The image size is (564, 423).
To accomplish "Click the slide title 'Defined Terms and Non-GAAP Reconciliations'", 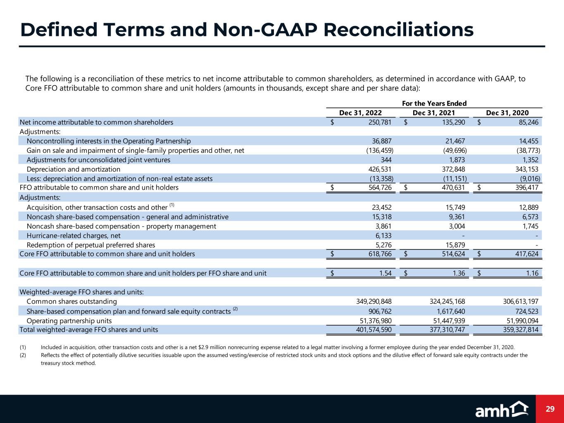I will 247,30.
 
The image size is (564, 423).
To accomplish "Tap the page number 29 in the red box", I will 550,409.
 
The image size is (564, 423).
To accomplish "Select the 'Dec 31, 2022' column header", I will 360,113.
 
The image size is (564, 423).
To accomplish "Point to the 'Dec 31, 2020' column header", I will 507,113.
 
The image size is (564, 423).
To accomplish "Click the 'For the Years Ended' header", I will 434,104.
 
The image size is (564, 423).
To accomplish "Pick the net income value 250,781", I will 379,122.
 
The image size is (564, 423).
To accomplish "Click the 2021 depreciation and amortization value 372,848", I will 453,169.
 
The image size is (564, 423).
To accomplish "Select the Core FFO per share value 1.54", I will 385,273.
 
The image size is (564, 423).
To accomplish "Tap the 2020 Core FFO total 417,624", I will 526,254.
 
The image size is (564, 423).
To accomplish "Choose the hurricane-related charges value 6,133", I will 383,235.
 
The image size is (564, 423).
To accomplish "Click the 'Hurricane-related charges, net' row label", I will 74,235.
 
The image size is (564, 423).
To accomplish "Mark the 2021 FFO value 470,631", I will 453,188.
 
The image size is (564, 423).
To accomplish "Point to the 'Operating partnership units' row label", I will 69,321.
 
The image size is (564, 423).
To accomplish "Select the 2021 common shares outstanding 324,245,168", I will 441,302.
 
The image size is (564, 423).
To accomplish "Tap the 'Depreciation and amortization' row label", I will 74,169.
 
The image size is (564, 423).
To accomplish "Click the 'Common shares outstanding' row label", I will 71,302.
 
